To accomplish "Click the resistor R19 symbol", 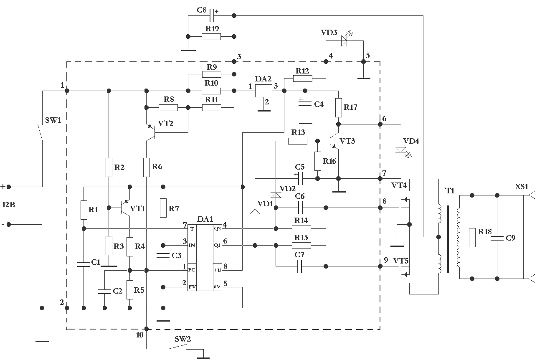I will (211, 37).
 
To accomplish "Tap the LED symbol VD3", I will (344, 41).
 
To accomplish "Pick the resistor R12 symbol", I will (303, 78).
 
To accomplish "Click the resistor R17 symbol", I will (339, 107).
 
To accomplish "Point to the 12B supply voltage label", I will (9, 205).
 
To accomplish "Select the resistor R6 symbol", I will (147, 167).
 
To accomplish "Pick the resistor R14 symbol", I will (301, 228).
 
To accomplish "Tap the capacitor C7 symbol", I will (299, 266).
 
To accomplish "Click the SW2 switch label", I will (182, 339).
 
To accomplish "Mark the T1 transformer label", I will (450, 191).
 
